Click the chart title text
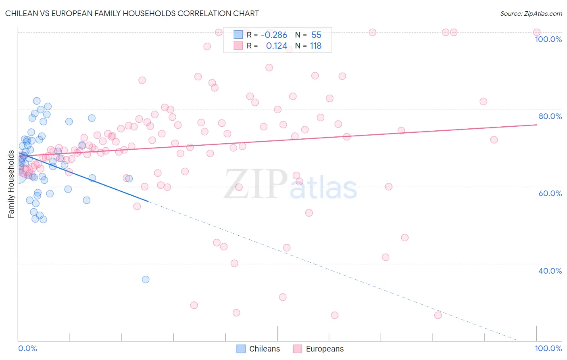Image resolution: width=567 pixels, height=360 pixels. point(132,13)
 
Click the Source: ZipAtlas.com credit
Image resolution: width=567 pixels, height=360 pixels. point(531,13)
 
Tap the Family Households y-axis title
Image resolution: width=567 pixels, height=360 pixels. point(11,184)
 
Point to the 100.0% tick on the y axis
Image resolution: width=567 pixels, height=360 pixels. point(548,39)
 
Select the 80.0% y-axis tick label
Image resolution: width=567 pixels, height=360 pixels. point(550,116)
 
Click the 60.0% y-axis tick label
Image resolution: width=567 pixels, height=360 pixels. point(550,193)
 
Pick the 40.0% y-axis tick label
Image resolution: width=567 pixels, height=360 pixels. point(550,271)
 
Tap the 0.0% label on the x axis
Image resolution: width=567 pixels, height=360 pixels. point(27,348)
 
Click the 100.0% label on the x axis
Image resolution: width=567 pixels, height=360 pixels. point(548,348)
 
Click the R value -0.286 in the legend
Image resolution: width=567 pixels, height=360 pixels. point(274,35)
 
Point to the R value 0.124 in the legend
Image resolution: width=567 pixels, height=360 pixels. point(277,46)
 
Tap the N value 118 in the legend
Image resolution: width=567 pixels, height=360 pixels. point(315,46)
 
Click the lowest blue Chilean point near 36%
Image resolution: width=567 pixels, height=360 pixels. point(146,279)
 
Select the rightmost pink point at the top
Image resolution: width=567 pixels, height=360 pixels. point(537,32)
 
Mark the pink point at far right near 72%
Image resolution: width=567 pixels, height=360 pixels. point(494,140)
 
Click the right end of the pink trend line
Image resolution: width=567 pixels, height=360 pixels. point(537,125)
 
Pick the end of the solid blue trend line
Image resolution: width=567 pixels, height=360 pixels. point(148,201)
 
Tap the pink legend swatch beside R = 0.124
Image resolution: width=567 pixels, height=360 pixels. point(238,46)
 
